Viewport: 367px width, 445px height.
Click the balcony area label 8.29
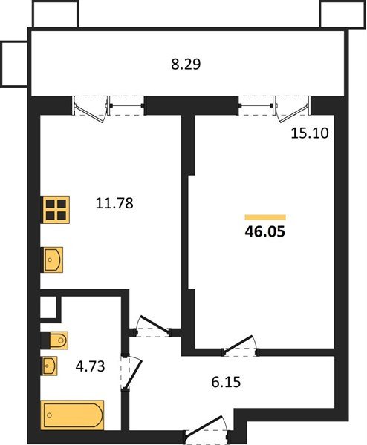click(x=186, y=64)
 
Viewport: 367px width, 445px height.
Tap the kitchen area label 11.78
click(x=114, y=203)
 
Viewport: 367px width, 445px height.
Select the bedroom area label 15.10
click(x=310, y=133)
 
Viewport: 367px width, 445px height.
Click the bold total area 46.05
click(x=264, y=232)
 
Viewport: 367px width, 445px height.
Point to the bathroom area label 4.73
click(x=90, y=366)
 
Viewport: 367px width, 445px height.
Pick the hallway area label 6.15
click(x=226, y=382)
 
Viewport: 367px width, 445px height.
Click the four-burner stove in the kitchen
click(x=56, y=209)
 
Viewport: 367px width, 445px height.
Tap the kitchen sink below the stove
click(x=53, y=260)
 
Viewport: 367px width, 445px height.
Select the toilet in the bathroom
click(x=54, y=340)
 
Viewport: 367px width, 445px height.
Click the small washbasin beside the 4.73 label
click(x=50, y=366)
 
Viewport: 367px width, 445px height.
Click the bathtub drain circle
click(x=50, y=415)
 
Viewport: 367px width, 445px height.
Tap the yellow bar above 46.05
click(x=265, y=217)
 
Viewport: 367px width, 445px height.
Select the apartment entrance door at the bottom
click(x=204, y=425)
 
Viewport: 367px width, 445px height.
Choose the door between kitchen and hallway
click(x=154, y=323)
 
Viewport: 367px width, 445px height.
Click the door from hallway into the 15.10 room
click(x=238, y=345)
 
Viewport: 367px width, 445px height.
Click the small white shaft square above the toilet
click(x=48, y=307)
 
